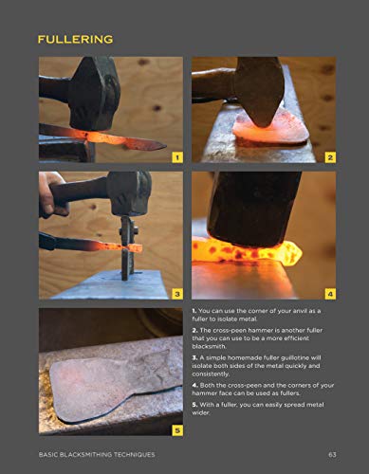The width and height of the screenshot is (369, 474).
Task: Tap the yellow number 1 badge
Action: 176,155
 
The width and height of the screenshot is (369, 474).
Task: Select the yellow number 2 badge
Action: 329,155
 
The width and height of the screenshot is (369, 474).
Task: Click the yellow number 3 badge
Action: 176,293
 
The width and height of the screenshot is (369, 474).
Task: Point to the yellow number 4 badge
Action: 329,293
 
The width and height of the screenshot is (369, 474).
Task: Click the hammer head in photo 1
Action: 95,90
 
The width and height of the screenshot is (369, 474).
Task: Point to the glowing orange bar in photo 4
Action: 247,251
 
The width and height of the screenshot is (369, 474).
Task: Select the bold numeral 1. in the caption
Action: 194,311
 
